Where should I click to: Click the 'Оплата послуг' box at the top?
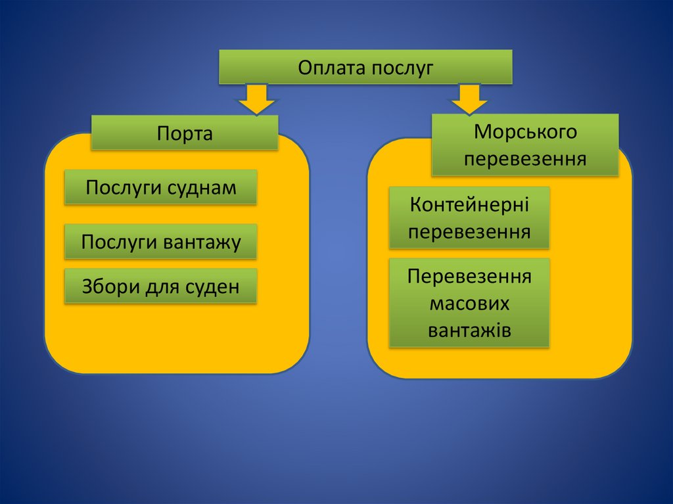coord(365,67)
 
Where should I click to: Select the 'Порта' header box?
coord(185,133)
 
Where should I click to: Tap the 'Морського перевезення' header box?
coord(525,145)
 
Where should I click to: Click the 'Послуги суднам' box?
coord(160,188)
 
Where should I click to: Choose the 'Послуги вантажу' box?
coord(160,242)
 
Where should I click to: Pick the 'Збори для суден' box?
coord(160,286)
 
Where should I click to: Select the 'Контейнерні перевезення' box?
coord(469,218)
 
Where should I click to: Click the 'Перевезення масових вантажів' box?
coord(469,303)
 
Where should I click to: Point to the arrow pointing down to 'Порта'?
coord(256,99)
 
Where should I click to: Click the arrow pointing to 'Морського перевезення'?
coord(469,99)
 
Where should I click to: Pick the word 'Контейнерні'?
coord(469,205)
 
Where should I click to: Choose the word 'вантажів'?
coord(469,330)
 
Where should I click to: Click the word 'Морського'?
coord(525,132)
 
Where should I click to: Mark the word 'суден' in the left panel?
coord(212,287)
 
